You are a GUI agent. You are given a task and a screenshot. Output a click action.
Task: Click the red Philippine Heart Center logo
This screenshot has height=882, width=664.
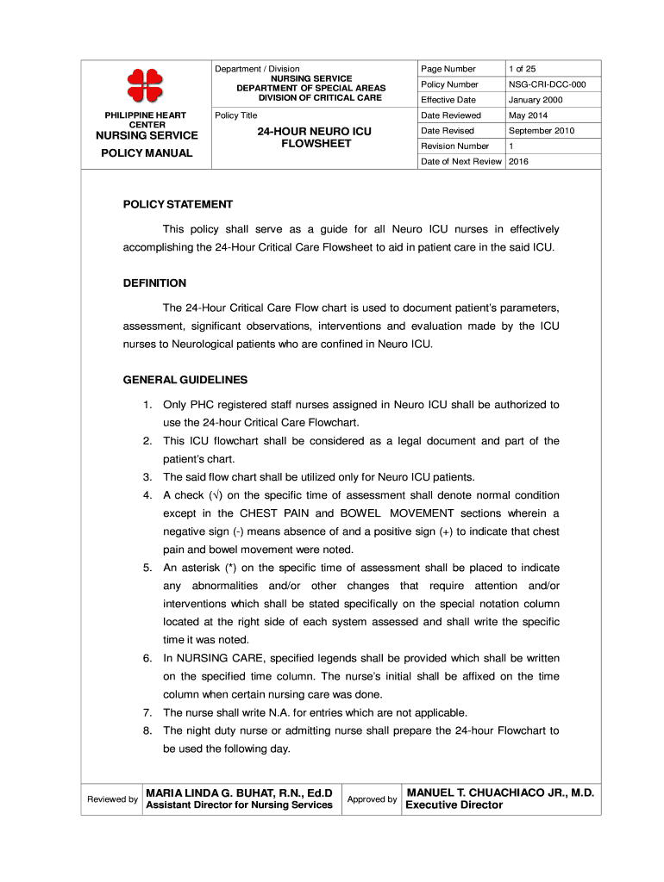click(145, 84)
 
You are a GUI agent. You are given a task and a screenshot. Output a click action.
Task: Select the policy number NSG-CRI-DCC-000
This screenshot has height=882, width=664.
click(547, 84)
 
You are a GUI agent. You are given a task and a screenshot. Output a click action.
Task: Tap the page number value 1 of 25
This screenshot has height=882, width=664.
click(523, 69)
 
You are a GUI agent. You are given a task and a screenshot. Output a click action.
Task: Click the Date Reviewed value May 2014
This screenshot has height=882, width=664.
click(529, 115)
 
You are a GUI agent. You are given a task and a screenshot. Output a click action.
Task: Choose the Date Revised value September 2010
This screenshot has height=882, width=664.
click(542, 131)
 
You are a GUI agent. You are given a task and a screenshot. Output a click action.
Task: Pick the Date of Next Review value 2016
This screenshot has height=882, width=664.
click(518, 162)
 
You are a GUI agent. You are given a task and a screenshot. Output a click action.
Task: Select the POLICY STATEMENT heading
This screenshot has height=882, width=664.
click(178, 205)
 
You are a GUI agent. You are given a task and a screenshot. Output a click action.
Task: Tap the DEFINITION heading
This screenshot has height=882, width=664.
click(154, 283)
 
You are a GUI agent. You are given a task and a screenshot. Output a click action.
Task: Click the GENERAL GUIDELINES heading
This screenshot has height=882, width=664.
click(185, 380)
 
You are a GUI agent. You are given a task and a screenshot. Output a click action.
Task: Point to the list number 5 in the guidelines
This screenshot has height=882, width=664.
click(148, 568)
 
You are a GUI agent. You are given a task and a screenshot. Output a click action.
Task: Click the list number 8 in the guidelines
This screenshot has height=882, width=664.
click(148, 730)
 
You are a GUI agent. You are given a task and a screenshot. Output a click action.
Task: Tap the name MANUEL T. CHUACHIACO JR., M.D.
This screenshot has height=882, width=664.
click(500, 792)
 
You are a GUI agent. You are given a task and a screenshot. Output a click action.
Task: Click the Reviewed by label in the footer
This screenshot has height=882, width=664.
click(112, 799)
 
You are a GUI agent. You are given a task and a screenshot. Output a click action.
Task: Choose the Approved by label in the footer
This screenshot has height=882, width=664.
click(372, 799)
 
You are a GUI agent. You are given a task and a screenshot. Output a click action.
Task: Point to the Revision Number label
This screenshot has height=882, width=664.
click(454, 146)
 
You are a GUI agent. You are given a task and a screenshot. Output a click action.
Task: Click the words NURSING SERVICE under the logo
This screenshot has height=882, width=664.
click(146, 135)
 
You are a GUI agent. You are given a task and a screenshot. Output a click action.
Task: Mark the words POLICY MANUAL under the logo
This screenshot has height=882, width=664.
click(146, 153)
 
